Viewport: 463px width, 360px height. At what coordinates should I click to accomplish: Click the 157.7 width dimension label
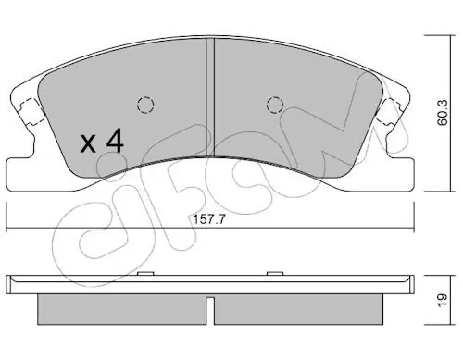point(209,219)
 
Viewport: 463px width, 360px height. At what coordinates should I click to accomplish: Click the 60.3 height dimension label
point(443,113)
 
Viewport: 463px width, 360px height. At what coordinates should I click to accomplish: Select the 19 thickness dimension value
point(443,300)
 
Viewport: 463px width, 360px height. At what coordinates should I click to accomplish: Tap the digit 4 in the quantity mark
point(115,141)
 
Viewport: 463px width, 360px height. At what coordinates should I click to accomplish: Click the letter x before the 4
point(88,143)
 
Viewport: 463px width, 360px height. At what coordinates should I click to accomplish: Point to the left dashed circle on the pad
point(145,105)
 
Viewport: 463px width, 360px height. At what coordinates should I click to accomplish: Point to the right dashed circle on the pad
point(275,105)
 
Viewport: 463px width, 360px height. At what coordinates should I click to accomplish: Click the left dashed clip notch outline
point(31,111)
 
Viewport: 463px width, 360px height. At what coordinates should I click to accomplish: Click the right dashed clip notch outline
point(389,111)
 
